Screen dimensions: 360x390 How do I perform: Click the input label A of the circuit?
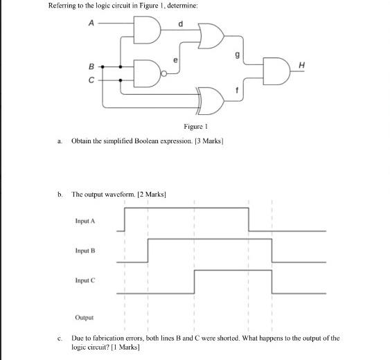click(91, 23)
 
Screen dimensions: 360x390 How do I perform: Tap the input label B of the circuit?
click(91, 66)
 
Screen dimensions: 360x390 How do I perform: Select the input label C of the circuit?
click(91, 80)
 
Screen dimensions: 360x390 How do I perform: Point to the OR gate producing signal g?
click(210, 37)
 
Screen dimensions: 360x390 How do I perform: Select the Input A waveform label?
click(85, 220)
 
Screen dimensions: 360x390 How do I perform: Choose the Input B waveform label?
click(85, 251)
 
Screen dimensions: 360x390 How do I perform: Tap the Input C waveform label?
click(85, 281)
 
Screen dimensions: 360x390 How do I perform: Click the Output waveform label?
click(85, 317)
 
